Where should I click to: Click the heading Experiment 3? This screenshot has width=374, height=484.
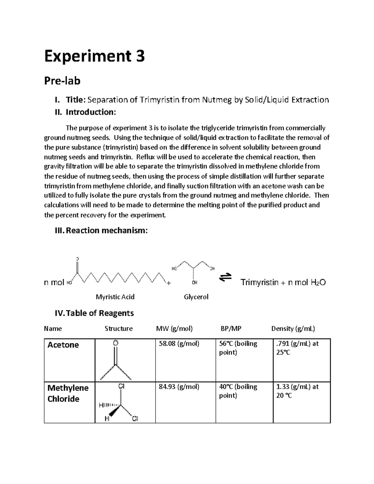(94, 57)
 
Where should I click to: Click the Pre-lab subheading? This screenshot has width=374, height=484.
(62, 81)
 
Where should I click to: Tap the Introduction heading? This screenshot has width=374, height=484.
(90, 112)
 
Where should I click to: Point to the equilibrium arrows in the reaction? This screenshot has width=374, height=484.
(225, 277)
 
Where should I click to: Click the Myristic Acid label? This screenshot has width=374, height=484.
(115, 297)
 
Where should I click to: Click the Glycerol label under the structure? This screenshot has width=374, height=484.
(196, 297)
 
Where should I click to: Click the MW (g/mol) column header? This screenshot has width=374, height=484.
(174, 328)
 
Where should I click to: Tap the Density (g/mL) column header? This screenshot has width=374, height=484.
(293, 328)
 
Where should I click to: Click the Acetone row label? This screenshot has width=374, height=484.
(63, 345)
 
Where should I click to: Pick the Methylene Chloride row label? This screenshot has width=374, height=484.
(68, 393)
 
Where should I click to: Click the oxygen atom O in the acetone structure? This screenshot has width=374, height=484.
(115, 343)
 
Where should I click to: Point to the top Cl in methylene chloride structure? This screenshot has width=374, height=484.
(121, 386)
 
